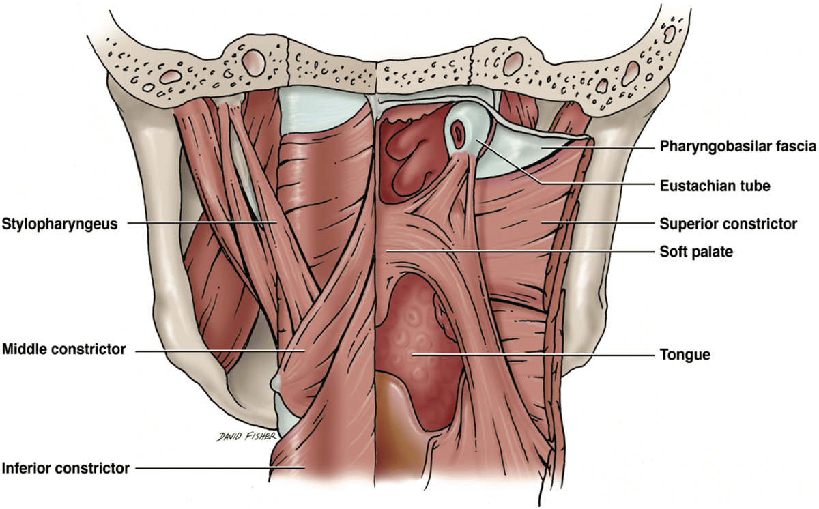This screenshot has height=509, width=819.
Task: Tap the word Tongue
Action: [x=676, y=354]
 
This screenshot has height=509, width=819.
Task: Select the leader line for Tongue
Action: [x=532, y=354]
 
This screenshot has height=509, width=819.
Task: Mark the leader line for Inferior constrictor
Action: [x=218, y=468]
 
